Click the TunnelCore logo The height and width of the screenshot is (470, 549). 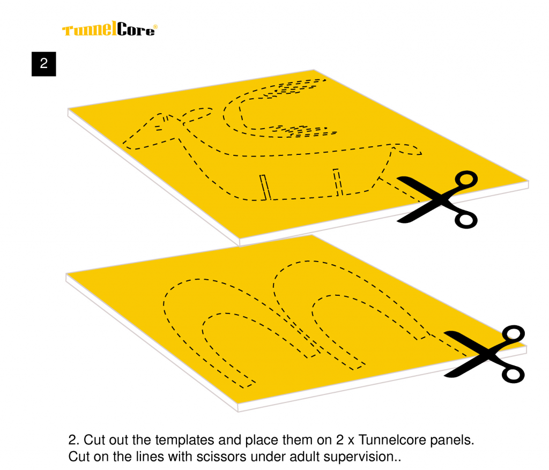109,29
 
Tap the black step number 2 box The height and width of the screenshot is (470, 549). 44,64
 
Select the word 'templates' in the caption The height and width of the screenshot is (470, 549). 183,441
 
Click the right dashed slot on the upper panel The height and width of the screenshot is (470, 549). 338,182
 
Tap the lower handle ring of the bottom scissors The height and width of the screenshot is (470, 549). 513,374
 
